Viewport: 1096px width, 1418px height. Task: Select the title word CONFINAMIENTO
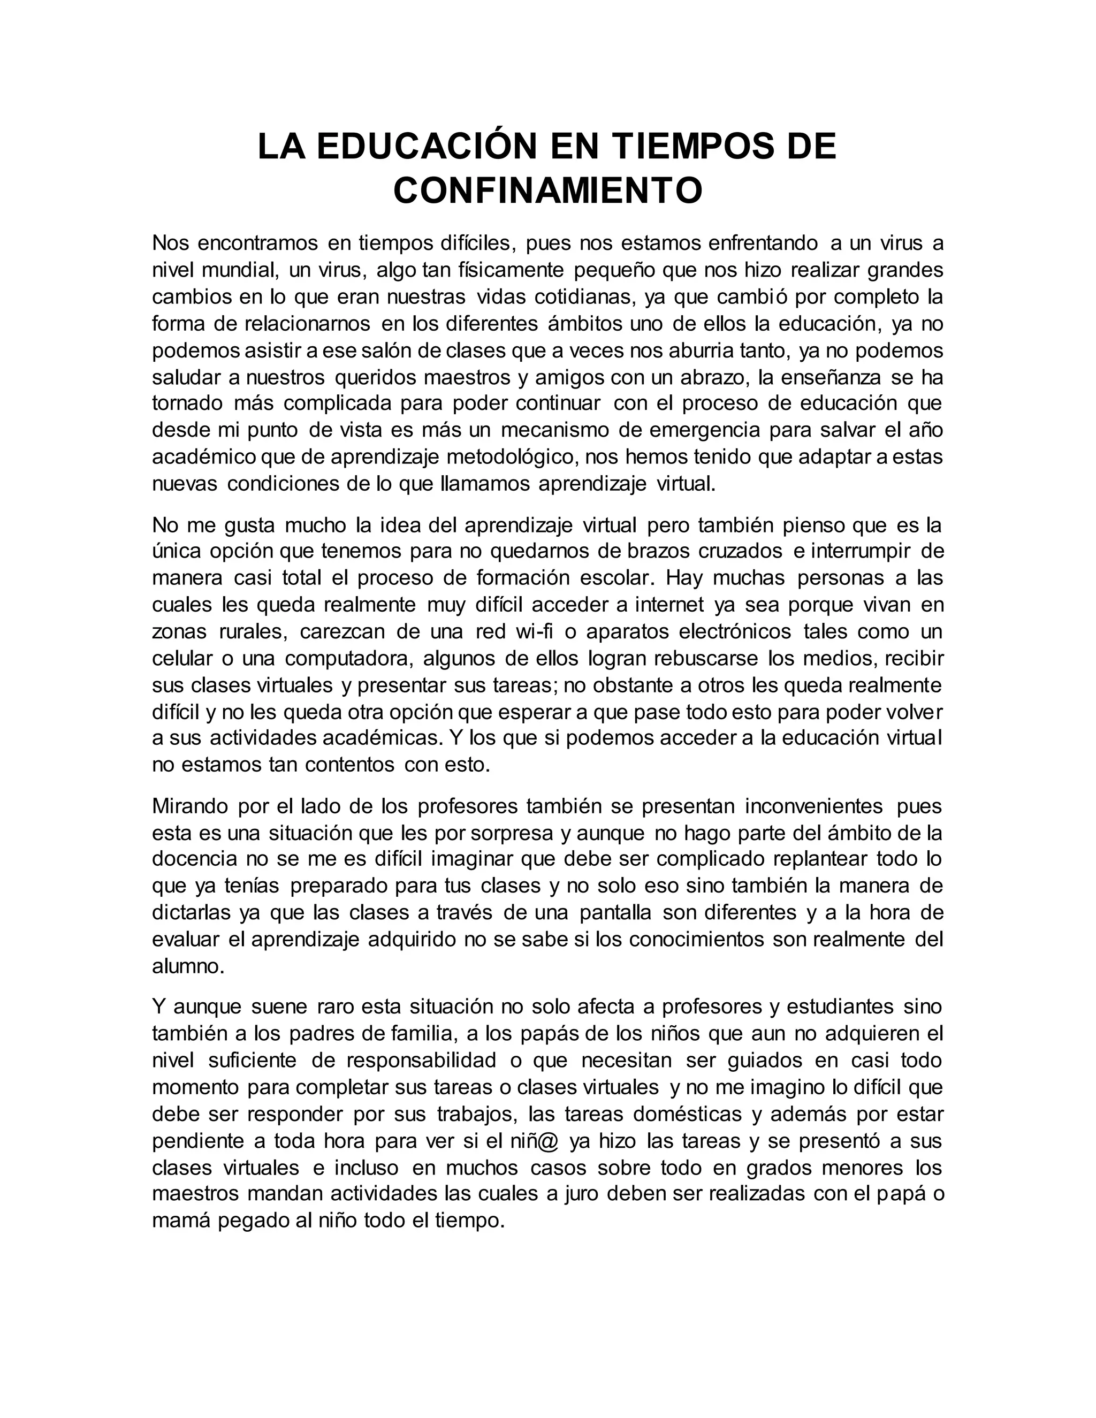pyautogui.click(x=548, y=191)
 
